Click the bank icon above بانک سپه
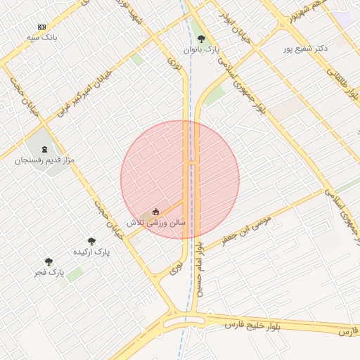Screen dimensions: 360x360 tap(41, 26)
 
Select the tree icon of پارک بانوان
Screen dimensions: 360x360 tap(202, 39)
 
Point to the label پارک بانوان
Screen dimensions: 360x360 tap(202, 50)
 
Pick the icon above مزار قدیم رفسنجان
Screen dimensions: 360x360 tap(46, 149)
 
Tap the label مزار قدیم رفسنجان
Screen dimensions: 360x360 tap(44, 160)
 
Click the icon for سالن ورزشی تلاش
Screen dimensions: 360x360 tap(156, 211)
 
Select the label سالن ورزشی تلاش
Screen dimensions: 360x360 tap(156, 221)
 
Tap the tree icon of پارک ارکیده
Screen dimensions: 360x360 tap(91, 240)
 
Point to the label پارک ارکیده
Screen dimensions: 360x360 tap(91, 251)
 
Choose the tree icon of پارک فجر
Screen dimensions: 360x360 tap(49, 262)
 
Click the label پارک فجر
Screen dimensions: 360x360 tap(52, 271)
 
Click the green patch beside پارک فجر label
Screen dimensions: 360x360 tap(74, 274)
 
